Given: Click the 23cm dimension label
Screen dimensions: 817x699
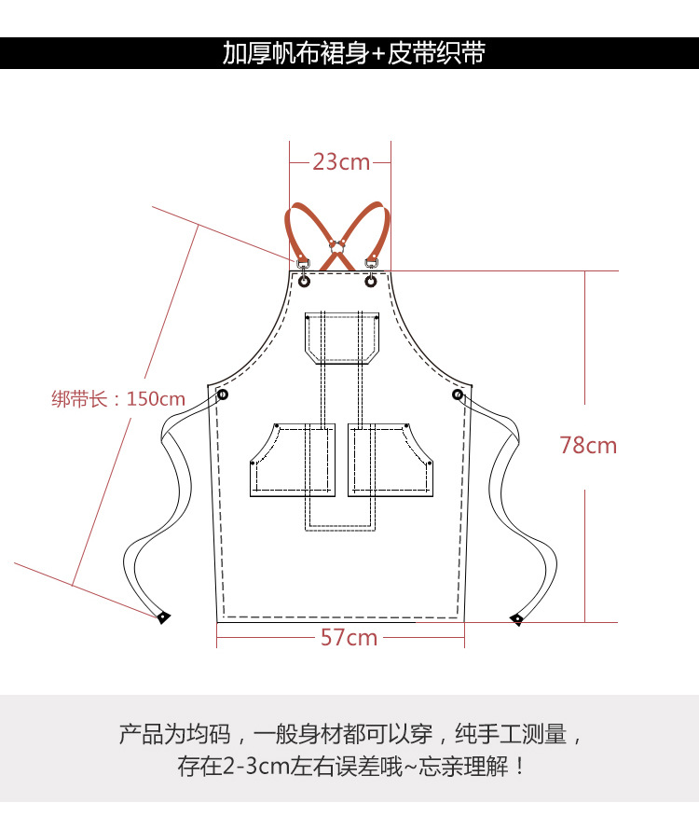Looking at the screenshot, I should tap(341, 162).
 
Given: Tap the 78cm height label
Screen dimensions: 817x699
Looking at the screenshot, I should tap(588, 446).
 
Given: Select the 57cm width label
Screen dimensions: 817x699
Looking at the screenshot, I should tap(349, 638).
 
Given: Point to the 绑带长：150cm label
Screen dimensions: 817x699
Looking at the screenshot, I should tap(118, 399).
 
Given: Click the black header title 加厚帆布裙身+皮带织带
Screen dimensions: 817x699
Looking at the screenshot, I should tap(353, 53).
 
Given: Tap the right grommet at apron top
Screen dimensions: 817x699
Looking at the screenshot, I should tap(371, 280).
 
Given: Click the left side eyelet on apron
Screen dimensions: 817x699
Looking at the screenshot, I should tap(224, 395).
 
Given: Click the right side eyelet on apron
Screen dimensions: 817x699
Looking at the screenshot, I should tap(457, 395).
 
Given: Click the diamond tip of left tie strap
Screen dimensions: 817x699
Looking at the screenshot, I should tap(163, 616).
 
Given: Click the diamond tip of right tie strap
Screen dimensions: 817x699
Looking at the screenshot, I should tap(516, 618).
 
